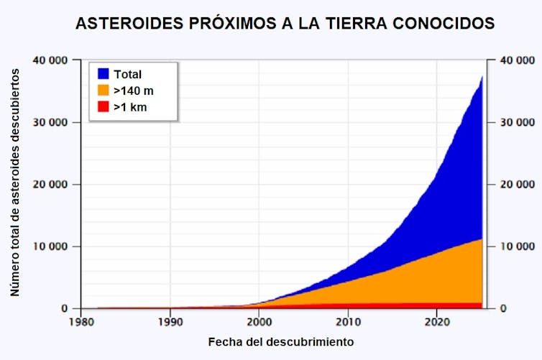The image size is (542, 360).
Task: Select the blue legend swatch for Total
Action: pos(102,74)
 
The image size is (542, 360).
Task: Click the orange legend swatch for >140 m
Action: pos(102,91)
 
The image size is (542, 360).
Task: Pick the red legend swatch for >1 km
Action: pos(102,107)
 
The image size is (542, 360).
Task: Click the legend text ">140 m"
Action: pos(134,91)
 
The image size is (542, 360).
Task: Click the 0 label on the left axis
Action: pos(65,308)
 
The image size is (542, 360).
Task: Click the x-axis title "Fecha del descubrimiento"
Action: pos(281,341)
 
